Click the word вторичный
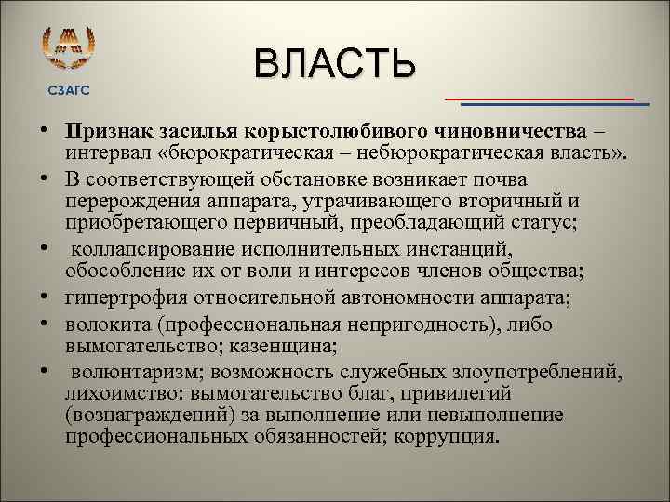tap(517, 199)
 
